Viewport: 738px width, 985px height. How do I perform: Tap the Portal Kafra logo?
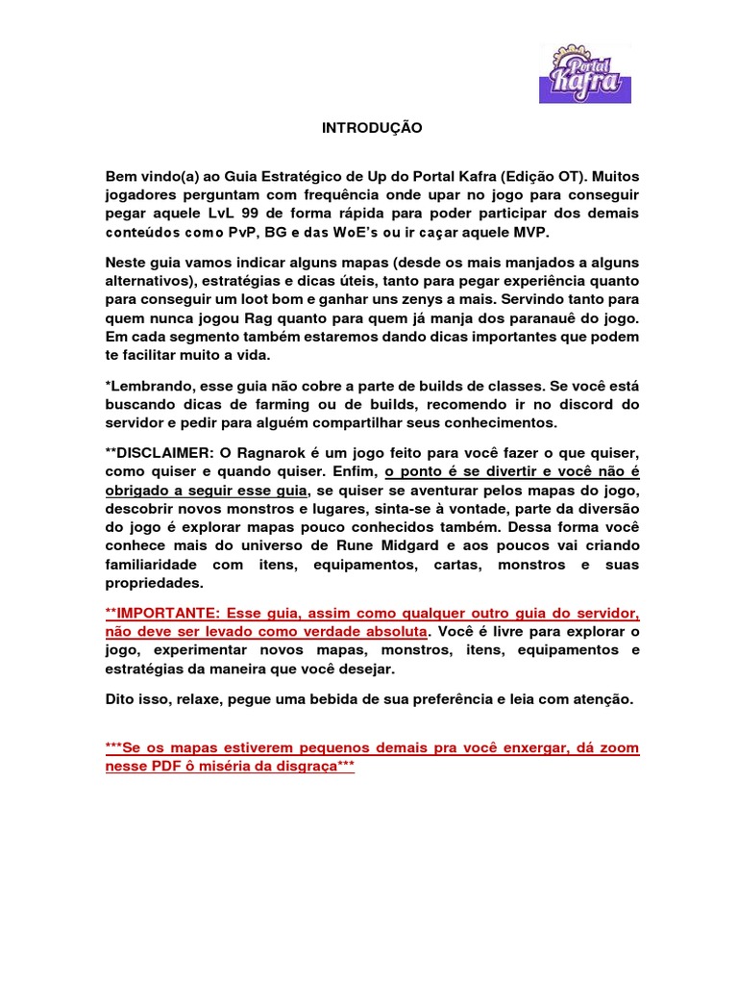585,72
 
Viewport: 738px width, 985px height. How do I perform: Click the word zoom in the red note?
621,747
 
